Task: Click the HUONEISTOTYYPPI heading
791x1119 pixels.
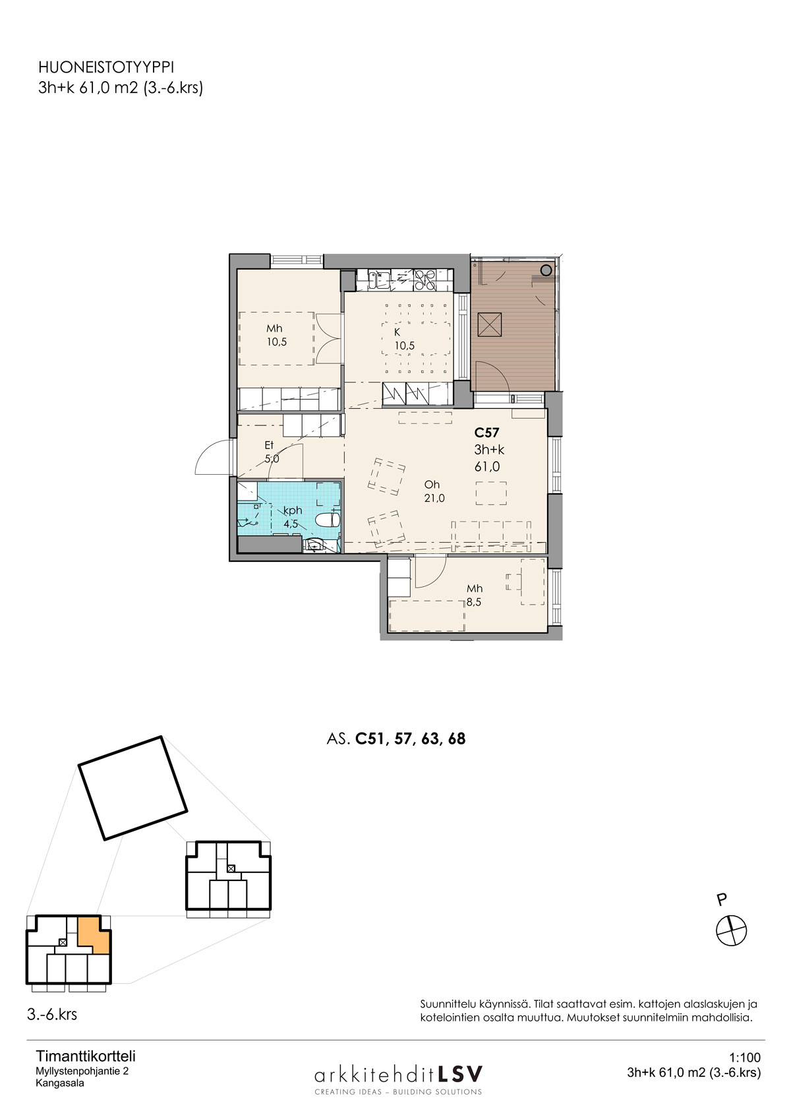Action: tap(106, 68)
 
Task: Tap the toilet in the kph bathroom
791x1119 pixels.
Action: tap(328, 520)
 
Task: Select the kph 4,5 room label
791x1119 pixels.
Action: tap(292, 517)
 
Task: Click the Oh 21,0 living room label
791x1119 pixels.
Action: tap(433, 491)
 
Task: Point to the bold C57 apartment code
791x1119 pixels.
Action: tap(486, 433)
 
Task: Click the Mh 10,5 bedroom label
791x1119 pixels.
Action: tap(275, 335)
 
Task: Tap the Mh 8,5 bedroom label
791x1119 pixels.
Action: tap(474, 595)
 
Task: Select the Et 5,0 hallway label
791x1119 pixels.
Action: tap(272, 452)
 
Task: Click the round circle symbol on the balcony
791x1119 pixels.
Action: tap(546, 270)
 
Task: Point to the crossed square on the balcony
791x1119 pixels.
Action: tap(489, 324)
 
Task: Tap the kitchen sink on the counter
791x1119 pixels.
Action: tap(378, 280)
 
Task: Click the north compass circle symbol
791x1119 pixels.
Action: tap(731, 931)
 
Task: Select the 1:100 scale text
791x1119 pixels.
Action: tap(745, 1058)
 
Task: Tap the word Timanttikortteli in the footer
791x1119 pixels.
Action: tap(86, 1056)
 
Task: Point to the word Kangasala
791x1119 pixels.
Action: tap(60, 1083)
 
